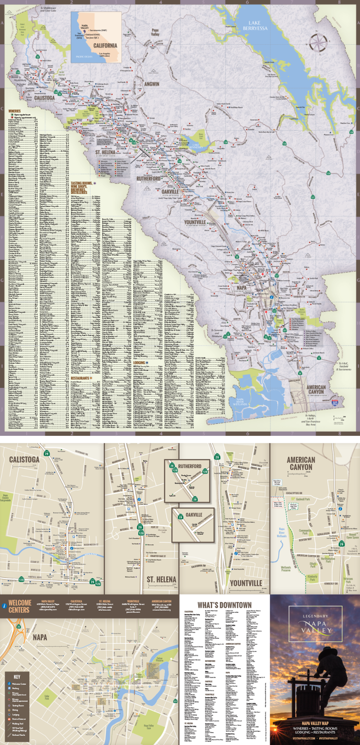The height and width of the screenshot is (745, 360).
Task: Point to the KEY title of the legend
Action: click(x=17, y=676)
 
